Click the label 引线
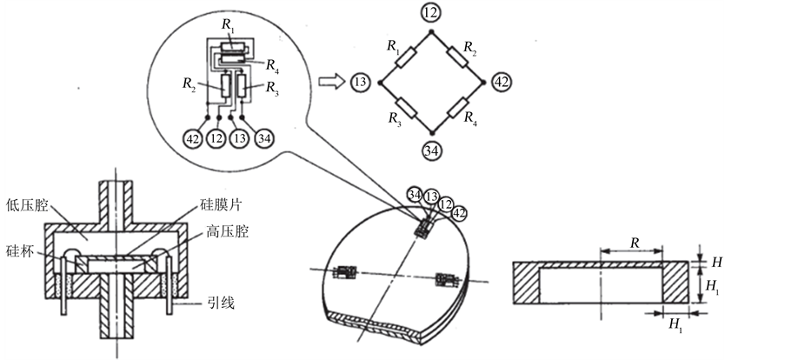click(222, 303)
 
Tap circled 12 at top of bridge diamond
click(431, 12)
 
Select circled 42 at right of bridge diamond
click(502, 82)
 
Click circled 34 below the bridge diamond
click(432, 150)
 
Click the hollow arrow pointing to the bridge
click(332, 81)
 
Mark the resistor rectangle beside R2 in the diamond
click(457, 57)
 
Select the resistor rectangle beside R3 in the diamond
click(406, 108)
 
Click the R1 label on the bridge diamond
click(394, 46)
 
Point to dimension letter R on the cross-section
click(635, 243)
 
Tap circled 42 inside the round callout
click(193, 138)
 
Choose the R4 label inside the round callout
click(272, 64)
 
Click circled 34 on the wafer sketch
click(415, 194)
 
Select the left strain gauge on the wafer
click(344, 273)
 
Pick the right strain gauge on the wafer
click(447, 279)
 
